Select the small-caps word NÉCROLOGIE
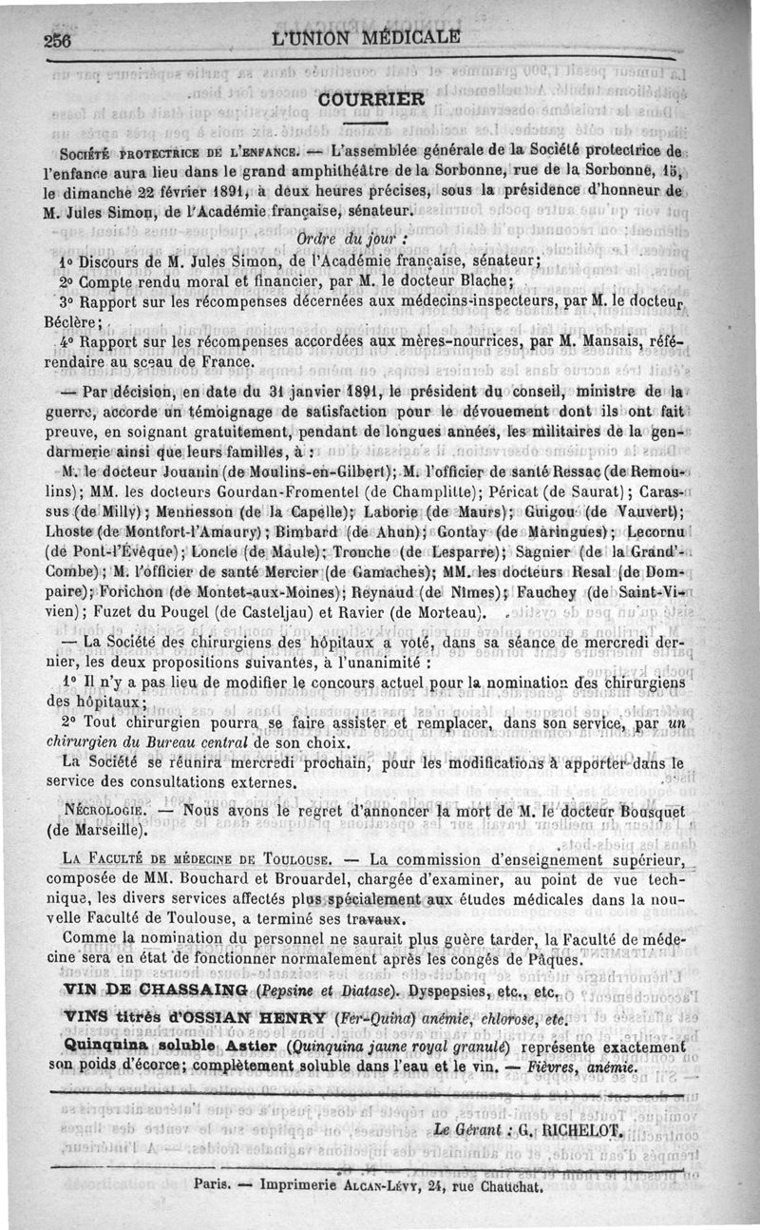tap(104, 811)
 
